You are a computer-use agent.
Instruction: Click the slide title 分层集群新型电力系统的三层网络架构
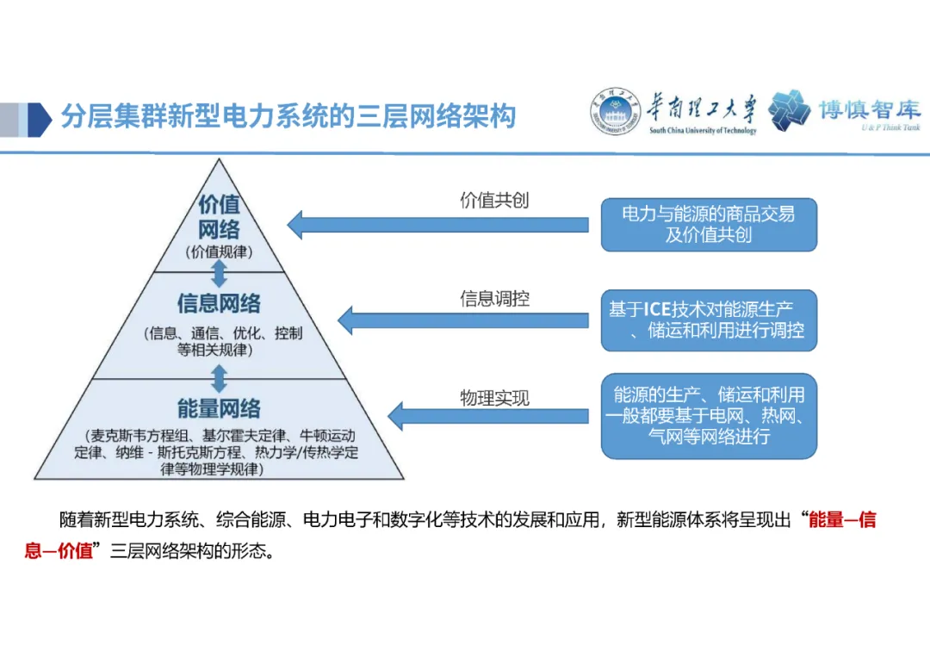pyautogui.click(x=288, y=116)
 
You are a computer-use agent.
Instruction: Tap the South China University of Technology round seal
pyautogui.click(x=614, y=112)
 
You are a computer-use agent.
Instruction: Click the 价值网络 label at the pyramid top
pyautogui.click(x=219, y=217)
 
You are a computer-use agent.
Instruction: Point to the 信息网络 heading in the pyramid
pyautogui.click(x=219, y=303)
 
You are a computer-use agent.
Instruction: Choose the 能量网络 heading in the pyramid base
pyautogui.click(x=219, y=408)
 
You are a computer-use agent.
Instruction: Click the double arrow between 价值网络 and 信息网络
pyautogui.click(x=220, y=273)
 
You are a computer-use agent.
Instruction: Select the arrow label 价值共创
pyautogui.click(x=494, y=201)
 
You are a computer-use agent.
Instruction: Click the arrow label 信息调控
pyautogui.click(x=494, y=299)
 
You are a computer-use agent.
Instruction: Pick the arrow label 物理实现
pyautogui.click(x=494, y=398)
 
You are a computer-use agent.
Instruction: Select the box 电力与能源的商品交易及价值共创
pyautogui.click(x=708, y=225)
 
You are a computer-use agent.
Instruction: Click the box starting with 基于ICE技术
pyautogui.click(x=708, y=320)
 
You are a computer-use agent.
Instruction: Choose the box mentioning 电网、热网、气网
pyautogui.click(x=708, y=416)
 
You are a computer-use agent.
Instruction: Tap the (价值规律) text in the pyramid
pyautogui.click(x=219, y=251)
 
